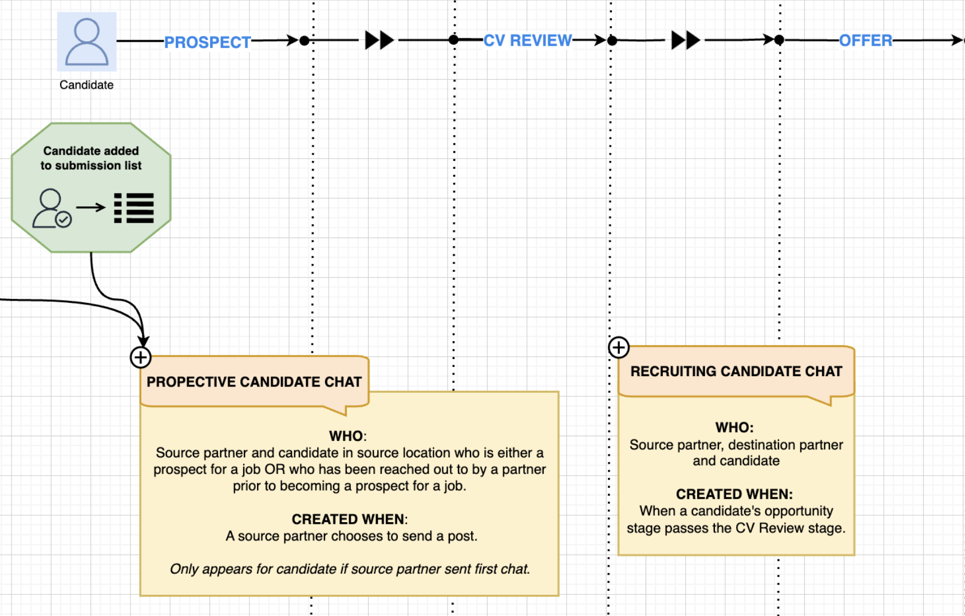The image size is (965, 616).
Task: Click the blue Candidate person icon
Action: tap(87, 42)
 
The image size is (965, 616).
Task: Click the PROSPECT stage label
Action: tap(207, 42)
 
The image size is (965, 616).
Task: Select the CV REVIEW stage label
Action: tap(527, 40)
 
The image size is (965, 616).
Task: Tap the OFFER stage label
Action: tap(865, 40)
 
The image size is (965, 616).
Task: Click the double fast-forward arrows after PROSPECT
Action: tap(379, 40)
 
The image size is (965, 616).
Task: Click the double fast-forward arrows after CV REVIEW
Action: tap(685, 40)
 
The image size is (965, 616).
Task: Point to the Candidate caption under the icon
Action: tap(86, 85)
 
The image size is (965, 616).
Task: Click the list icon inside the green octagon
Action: tap(134, 208)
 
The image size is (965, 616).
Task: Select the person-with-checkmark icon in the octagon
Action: tap(52, 208)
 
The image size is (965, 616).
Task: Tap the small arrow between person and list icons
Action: tap(90, 207)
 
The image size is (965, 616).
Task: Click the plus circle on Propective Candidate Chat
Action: tap(140, 357)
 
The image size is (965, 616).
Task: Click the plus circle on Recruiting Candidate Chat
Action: tap(618, 347)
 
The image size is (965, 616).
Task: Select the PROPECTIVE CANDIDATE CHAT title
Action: tap(254, 382)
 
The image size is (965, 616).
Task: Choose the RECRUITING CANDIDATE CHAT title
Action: tap(736, 372)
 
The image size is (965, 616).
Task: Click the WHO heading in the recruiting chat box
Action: tap(734, 428)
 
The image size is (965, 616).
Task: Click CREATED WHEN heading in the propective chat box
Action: tap(349, 519)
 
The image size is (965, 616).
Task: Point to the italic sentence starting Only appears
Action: tap(350, 569)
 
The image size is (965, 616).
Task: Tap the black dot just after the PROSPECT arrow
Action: tap(304, 41)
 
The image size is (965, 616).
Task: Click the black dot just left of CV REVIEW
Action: tap(453, 40)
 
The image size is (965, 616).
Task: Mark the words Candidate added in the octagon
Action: tap(91, 151)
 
